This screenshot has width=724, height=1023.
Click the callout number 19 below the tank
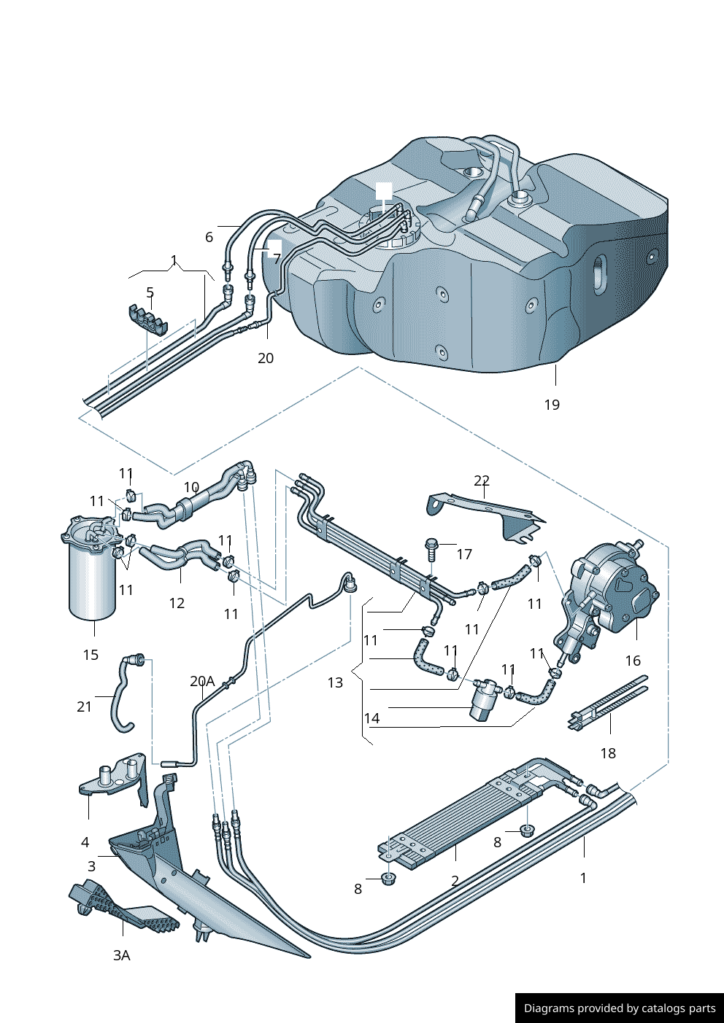[552, 405]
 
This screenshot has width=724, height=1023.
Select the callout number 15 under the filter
[90, 655]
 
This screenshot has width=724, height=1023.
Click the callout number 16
[633, 661]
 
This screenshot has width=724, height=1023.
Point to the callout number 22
[482, 481]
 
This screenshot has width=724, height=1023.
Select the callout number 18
[608, 753]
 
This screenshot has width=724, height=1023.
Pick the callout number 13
[335, 682]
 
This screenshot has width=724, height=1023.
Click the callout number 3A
[122, 955]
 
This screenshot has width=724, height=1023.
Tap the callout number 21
[85, 707]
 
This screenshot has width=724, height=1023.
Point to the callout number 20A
[202, 681]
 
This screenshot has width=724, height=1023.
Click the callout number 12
[177, 603]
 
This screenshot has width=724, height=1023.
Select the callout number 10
[191, 487]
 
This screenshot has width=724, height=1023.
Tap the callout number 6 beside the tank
[209, 237]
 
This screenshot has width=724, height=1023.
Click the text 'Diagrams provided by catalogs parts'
[620, 1008]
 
